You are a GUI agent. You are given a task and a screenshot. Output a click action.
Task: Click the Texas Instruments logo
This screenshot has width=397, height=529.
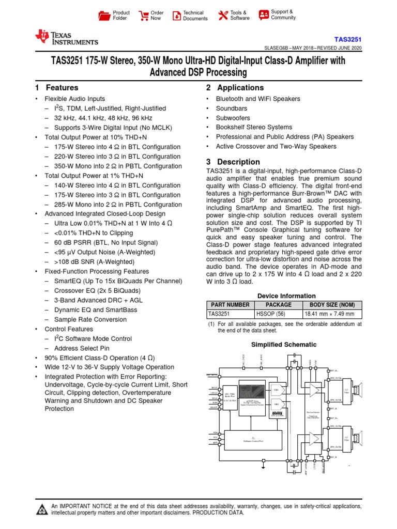pyautogui.click(x=66, y=38)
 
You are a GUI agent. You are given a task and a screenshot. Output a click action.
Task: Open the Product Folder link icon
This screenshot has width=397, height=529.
pyautogui.click(x=105, y=15)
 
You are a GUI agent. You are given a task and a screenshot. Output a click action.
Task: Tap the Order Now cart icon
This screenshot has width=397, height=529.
pyautogui.click(x=143, y=15)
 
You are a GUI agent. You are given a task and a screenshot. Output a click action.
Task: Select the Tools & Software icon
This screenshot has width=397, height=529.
pyautogui.click(x=223, y=15)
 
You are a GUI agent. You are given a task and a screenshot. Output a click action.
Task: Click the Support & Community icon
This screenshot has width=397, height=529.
pyautogui.click(x=264, y=14)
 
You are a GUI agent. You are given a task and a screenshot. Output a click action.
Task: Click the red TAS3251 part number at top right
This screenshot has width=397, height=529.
pyautogui.click(x=348, y=39)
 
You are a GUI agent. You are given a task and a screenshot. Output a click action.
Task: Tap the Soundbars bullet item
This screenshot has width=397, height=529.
pyautogui.click(x=232, y=108)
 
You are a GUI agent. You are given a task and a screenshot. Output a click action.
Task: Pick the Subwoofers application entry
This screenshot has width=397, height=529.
pyautogui.click(x=233, y=118)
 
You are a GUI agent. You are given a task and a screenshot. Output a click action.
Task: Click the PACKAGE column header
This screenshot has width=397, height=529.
pyautogui.click(x=278, y=305)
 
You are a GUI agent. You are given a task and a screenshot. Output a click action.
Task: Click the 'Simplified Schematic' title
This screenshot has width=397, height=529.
pyautogui.click(x=284, y=345)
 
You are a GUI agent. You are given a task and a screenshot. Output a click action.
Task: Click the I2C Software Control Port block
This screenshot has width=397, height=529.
pyautogui.click(x=253, y=439)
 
